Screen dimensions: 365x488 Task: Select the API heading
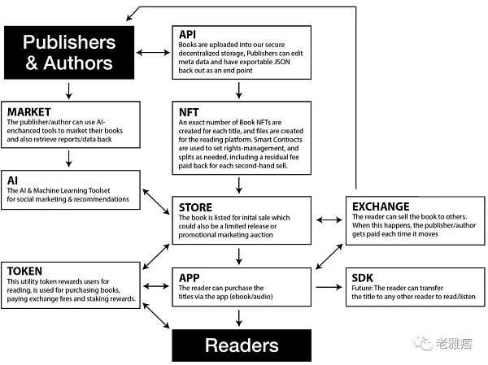point(186,34)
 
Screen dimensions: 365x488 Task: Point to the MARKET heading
point(28,111)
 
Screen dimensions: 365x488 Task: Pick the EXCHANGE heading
point(381,206)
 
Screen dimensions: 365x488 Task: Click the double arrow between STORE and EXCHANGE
point(328,219)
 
